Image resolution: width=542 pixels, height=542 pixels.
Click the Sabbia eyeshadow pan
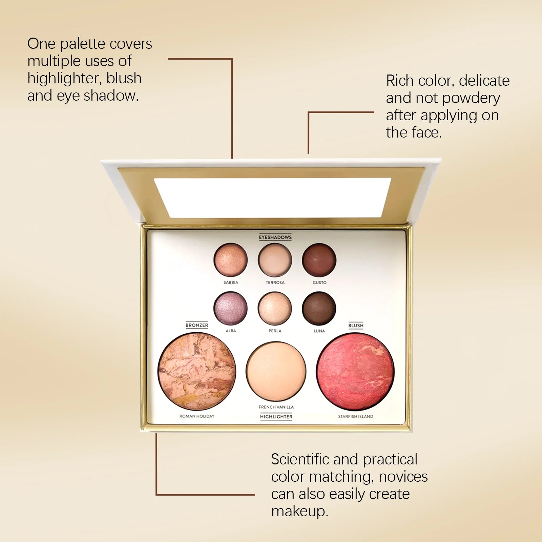(x=231, y=260)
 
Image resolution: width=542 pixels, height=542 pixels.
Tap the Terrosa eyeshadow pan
(x=275, y=260)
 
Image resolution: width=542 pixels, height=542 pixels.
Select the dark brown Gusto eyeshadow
(x=319, y=260)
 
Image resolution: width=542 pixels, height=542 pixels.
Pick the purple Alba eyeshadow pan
(x=231, y=308)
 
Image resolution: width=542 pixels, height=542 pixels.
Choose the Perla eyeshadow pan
(x=275, y=308)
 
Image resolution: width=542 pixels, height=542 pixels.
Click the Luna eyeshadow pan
(x=319, y=308)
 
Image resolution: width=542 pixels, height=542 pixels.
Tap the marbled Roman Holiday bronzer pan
(x=197, y=371)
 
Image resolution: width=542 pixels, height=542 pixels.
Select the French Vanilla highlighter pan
(x=276, y=371)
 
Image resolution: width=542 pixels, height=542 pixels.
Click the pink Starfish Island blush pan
(x=355, y=371)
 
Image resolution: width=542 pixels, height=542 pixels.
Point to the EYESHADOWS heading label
(x=275, y=237)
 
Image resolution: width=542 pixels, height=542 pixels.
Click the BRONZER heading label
(x=197, y=325)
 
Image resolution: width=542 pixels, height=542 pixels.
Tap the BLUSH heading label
(x=356, y=326)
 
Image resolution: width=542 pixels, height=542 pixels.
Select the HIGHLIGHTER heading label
(x=276, y=417)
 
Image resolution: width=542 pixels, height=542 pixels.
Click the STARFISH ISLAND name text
(x=355, y=416)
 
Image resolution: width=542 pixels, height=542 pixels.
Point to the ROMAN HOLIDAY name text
(x=197, y=416)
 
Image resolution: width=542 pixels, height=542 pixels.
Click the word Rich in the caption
(x=400, y=81)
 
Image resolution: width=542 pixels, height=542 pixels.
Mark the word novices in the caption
(x=403, y=477)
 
